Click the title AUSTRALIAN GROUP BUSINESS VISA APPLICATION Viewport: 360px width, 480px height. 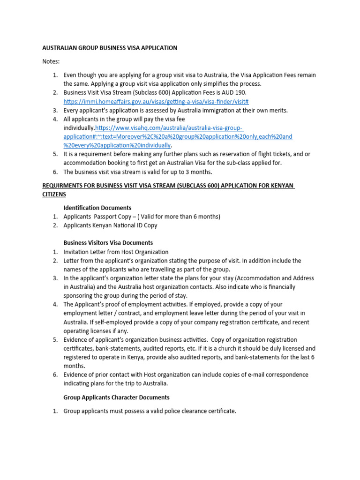click(x=110, y=48)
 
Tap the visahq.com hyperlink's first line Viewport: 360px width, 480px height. click(x=170, y=128)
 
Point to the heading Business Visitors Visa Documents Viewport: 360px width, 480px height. click(x=108, y=243)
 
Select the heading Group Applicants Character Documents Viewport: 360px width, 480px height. click(x=116, y=397)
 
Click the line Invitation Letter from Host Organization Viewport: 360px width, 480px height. click(x=116, y=252)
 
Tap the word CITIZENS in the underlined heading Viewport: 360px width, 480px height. click(x=54, y=194)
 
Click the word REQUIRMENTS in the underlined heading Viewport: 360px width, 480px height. click(x=64, y=186)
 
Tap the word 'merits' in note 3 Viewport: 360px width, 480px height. click(x=277, y=111)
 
